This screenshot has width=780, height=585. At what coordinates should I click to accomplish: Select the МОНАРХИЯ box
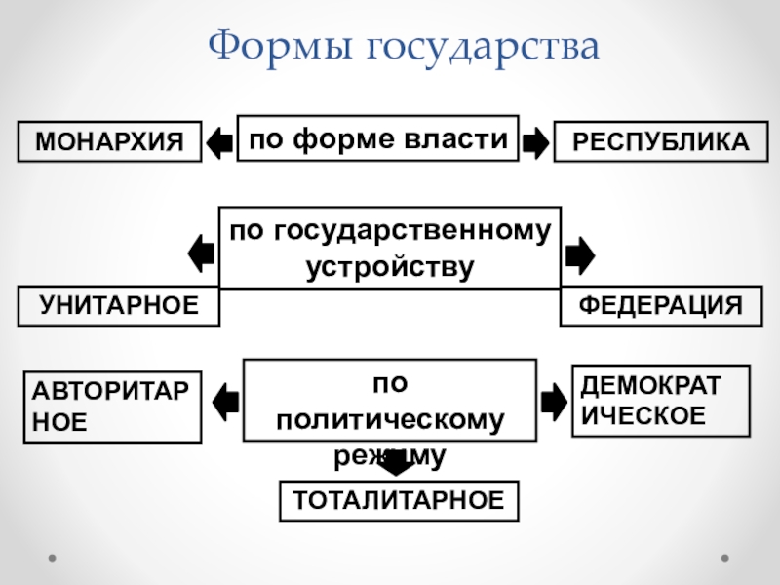tap(109, 141)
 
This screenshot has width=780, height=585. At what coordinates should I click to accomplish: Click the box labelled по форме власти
tap(378, 138)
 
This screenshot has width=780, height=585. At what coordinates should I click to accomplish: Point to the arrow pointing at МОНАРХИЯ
tap(221, 142)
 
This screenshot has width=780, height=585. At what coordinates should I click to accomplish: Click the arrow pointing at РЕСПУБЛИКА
tap(534, 142)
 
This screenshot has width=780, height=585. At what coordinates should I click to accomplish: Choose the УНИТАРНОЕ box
tap(118, 306)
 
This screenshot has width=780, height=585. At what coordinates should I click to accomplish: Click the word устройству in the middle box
tap(390, 266)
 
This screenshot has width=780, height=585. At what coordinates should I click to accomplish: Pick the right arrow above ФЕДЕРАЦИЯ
tap(578, 254)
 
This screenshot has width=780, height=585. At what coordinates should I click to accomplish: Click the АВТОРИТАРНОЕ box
tap(112, 407)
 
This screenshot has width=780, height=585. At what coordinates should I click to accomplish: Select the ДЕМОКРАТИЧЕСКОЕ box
tap(660, 400)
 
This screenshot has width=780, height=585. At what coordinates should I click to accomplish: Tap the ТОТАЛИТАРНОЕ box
tap(399, 501)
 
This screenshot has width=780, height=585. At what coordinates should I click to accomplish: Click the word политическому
tap(390, 420)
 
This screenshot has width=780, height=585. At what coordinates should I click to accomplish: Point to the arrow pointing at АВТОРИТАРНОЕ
tap(225, 400)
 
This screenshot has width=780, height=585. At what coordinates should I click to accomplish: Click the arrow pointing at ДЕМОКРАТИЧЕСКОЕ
tap(553, 399)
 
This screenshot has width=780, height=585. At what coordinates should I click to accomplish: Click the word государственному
tap(390, 231)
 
